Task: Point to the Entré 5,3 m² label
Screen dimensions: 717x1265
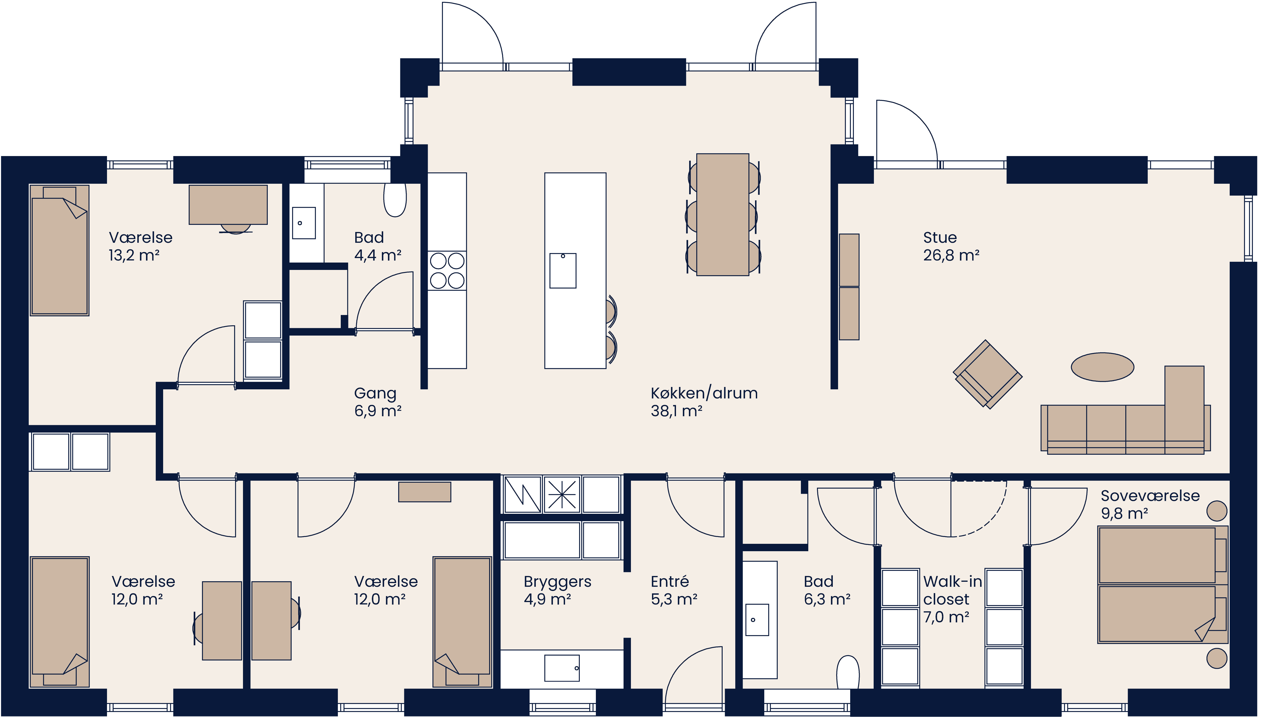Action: click(x=673, y=590)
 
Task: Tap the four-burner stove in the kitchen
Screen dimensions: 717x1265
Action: click(x=447, y=270)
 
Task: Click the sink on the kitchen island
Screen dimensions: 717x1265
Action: click(x=563, y=270)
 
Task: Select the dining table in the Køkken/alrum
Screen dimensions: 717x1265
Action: click(x=723, y=215)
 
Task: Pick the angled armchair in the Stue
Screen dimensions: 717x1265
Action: click(x=987, y=374)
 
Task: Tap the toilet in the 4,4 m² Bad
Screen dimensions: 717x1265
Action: click(x=395, y=200)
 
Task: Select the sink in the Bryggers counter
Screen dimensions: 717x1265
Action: click(x=562, y=668)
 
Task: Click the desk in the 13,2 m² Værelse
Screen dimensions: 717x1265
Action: click(x=228, y=204)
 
